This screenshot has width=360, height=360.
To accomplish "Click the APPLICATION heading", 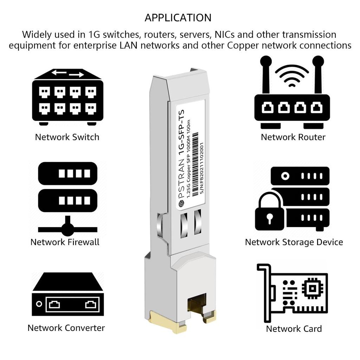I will point(178,18).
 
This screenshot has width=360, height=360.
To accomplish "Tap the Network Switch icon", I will point(67,97).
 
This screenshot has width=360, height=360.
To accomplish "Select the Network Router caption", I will point(293,137).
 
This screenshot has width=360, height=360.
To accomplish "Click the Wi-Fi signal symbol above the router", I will point(292,75).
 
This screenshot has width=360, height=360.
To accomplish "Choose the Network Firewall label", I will point(65,242).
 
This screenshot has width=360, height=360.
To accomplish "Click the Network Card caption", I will point(294,329).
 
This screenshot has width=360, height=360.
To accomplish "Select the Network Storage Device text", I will point(294,242).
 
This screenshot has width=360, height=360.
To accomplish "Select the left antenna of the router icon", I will point(266,76).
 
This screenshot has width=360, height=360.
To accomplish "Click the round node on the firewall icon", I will point(67,230).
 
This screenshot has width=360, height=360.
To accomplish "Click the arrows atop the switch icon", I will point(67,73).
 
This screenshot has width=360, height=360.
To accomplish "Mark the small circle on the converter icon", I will point(39,304).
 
